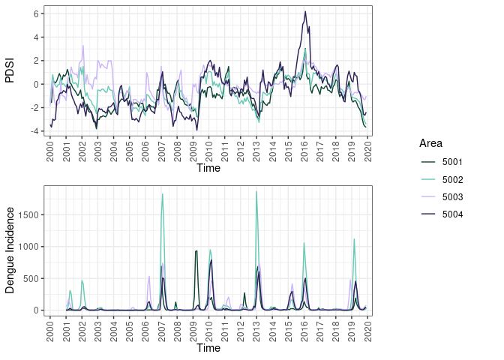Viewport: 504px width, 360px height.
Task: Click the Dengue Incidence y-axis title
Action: point(10,249)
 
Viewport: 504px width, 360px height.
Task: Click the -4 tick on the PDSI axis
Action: point(34,131)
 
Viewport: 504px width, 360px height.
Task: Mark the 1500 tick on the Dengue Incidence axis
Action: point(30,214)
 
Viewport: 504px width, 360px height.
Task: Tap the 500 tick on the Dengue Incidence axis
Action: point(32,278)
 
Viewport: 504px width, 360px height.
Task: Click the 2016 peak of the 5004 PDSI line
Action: point(305,11)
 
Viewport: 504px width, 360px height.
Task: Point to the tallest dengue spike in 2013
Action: point(256,191)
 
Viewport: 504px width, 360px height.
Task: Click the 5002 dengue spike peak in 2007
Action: point(163,193)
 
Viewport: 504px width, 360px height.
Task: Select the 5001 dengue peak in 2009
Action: point(196,250)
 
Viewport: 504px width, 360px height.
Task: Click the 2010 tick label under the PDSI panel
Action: point(209,149)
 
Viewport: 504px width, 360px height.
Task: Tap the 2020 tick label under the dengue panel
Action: point(369,328)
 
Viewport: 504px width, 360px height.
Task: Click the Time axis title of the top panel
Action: point(208,169)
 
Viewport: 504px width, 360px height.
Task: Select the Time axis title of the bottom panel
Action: point(208,348)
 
